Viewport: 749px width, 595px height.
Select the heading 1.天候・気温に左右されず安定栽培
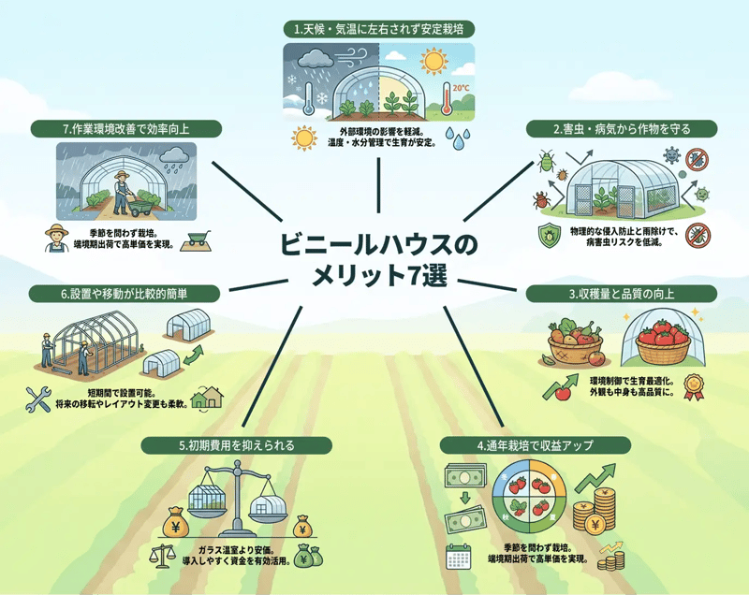click(378, 30)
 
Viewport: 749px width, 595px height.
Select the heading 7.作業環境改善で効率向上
click(125, 128)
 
